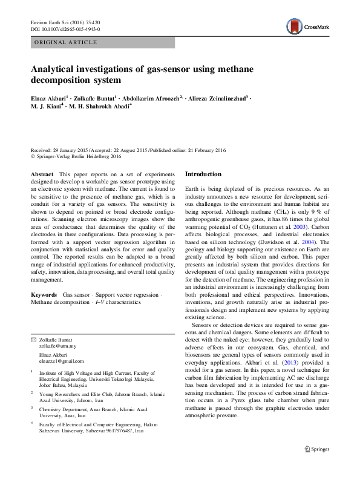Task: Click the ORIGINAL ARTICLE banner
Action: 67,42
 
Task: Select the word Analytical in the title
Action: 57,68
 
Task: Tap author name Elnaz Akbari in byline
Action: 48,97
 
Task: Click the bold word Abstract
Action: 42,174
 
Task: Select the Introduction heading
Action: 203,174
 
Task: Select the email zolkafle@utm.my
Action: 57,346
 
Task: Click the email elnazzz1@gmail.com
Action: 63,361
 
